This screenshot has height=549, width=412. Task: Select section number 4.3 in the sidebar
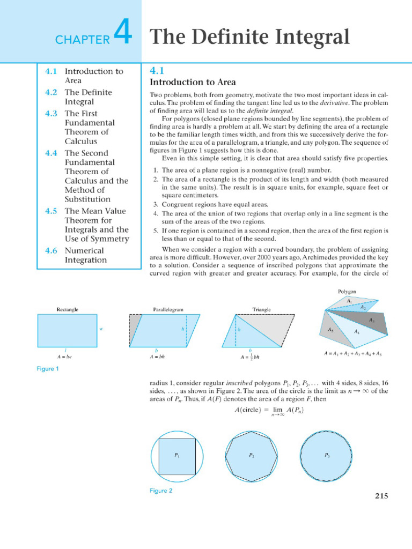[51, 113]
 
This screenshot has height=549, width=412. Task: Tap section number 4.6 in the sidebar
[51, 250]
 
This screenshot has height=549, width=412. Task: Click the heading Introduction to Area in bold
[193, 82]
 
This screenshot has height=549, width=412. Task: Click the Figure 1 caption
[48, 369]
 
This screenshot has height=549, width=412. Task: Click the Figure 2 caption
[161, 491]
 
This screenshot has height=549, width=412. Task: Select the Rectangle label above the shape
[68, 309]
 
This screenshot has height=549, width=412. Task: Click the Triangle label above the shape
[261, 309]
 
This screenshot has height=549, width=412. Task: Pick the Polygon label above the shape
[347, 292]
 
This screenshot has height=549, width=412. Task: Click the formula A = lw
[64, 356]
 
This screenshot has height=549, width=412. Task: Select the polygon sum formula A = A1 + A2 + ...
[352, 354]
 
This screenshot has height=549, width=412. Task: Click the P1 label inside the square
[177, 455]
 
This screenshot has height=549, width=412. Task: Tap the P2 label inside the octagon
[252, 455]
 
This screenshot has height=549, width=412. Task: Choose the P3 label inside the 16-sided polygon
[327, 455]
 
